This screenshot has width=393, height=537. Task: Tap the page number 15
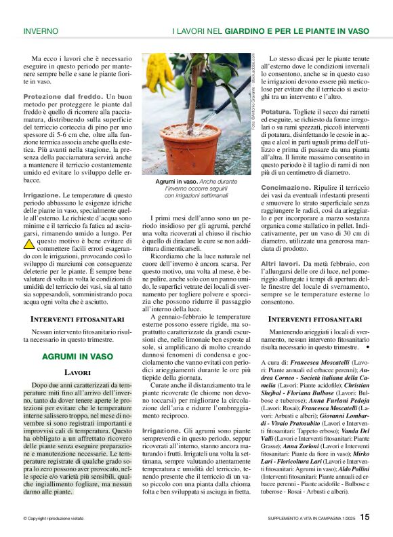pos(365,517)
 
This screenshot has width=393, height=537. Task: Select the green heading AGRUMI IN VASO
pos(77,356)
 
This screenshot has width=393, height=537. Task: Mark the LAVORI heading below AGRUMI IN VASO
pos(77,373)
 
